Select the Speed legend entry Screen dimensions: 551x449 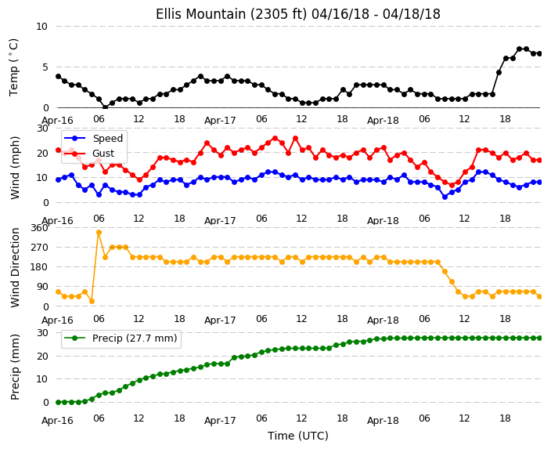tap(94, 138)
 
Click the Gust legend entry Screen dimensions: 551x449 tap(89, 154)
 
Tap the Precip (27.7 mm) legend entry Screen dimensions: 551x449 tap(121, 339)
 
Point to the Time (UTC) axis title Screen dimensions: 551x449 tap(298, 436)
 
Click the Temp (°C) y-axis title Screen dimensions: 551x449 tap(14, 67)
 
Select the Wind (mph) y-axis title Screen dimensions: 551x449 tap(14, 168)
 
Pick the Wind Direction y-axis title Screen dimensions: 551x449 tap(14, 267)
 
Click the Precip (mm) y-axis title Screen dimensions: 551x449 tap(14, 367)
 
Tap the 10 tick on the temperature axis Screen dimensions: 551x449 tap(41, 27)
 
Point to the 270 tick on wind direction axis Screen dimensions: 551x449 tap(39, 248)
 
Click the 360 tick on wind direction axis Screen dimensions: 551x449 tap(39, 228)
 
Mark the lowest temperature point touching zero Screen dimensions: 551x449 tap(105, 107)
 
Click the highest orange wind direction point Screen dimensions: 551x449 tap(99, 232)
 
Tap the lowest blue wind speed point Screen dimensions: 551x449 tap(445, 197)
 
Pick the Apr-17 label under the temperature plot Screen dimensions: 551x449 tap(220, 121)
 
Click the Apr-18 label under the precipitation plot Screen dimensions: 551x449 tap(383, 421)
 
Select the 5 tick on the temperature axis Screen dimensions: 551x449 tap(45, 67)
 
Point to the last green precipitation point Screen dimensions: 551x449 tap(540, 338)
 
